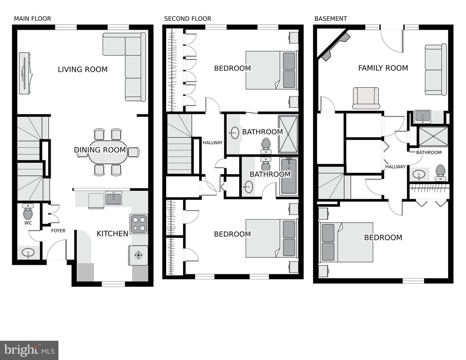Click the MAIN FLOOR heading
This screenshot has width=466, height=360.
[33, 19]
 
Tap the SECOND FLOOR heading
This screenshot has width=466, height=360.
[188, 19]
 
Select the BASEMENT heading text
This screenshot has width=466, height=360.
[331, 19]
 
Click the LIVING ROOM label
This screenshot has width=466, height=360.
[83, 69]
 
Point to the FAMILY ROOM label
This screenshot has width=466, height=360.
[383, 68]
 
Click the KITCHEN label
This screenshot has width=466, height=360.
[112, 234]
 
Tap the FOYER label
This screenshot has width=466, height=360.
[58, 231]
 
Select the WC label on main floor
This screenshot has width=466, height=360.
[28, 223]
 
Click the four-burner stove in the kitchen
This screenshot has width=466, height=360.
[139, 224]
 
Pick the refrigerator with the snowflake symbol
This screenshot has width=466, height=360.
[138, 255]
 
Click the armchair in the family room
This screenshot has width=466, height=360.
[366, 98]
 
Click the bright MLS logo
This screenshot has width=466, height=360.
[29, 350]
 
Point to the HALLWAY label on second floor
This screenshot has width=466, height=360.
[213, 142]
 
